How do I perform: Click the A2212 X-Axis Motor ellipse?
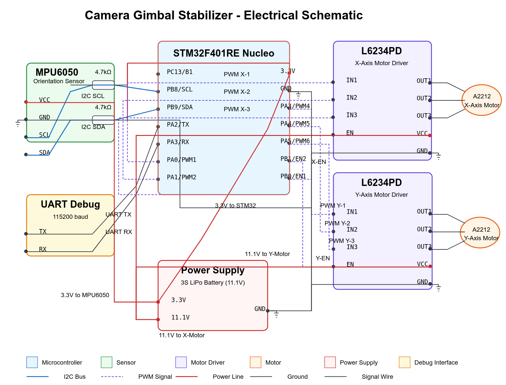pos(481,100)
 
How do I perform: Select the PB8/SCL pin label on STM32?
pos(180,90)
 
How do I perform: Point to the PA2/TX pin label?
pos(178,124)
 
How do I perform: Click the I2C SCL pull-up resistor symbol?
pos(103,85)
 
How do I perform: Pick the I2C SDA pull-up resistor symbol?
pos(103,120)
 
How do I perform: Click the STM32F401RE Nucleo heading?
pos(224,53)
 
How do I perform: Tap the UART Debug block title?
pos(70,204)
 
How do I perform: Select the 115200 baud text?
pos(70,217)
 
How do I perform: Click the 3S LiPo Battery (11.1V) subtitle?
pos(213,283)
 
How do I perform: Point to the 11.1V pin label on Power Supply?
pos(180,318)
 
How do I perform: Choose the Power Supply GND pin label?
pos(260,309)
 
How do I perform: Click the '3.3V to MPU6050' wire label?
pos(85,295)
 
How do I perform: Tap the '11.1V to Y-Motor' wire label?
pos(267,254)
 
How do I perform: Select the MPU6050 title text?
pos(57,72)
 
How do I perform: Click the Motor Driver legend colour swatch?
pos(181,362)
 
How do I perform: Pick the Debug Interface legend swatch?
pos(404,362)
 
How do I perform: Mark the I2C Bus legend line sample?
pos(38,376)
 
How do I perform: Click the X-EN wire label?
pos(319,162)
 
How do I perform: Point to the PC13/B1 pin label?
pos(180,72)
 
